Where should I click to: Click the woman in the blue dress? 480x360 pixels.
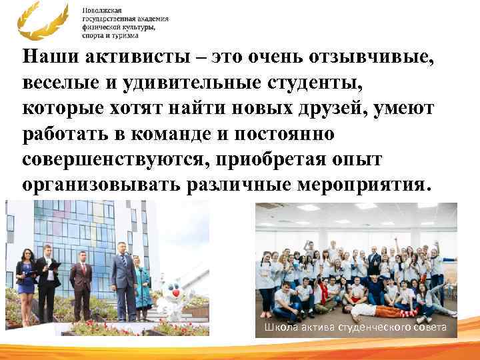(x=27, y=280)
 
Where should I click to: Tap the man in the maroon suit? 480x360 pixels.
(x=80, y=283)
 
